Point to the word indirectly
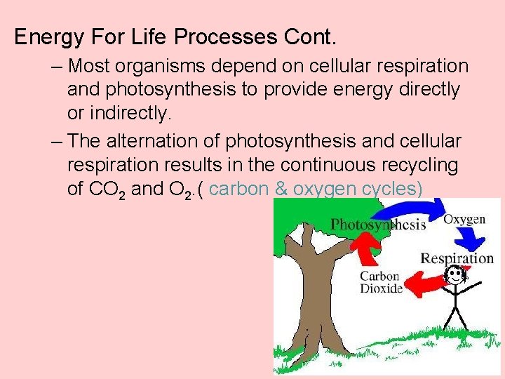pos(134,112)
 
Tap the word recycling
pos(429,166)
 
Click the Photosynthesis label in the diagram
pos(378,225)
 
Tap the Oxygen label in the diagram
pos(464,219)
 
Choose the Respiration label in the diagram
pos(457,258)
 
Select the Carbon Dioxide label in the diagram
pos(381,281)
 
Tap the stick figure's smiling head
pos(456,275)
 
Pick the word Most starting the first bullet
pos(87,67)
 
